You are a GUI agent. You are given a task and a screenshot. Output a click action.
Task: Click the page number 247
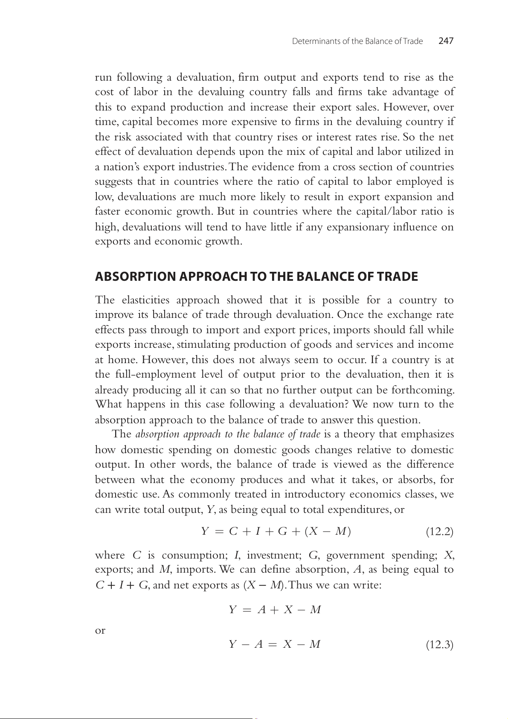tap(446, 41)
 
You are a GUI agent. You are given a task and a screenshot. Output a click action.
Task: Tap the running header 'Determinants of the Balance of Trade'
tap(357, 41)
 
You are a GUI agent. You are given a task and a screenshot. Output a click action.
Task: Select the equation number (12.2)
tap(439, 532)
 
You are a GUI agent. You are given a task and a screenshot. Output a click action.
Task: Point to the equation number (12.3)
tap(439, 644)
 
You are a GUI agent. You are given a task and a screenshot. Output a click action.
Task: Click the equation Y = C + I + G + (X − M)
tap(276, 531)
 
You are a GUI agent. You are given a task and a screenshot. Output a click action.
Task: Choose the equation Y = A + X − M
tap(275, 610)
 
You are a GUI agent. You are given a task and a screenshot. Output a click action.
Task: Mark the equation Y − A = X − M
tap(275, 644)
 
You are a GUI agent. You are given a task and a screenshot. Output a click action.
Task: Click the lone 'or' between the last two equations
tap(100, 630)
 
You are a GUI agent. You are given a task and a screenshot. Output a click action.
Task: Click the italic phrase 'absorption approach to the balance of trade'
tap(228, 434)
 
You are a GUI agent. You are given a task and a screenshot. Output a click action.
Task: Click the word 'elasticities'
tap(145, 300)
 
